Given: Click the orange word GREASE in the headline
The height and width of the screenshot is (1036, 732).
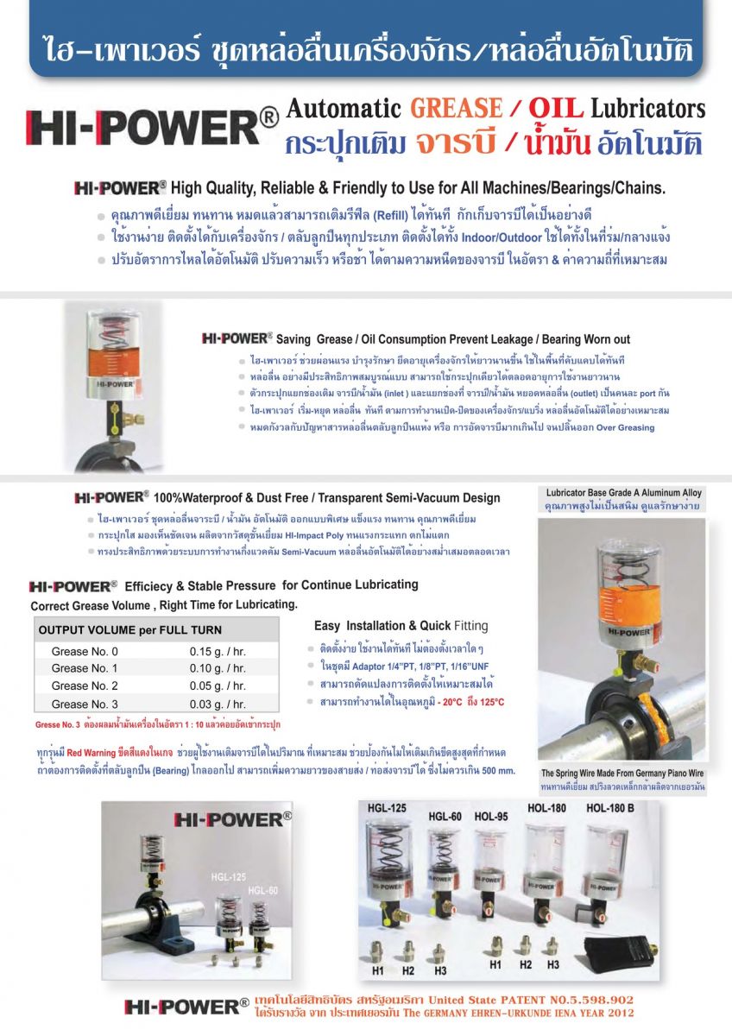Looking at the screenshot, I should coord(455,109).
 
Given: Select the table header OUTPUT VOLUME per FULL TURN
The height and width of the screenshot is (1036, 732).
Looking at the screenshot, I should coord(130,630).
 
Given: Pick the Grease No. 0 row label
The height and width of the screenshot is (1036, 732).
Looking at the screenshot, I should coord(85,651).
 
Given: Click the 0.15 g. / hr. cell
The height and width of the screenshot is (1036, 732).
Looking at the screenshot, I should coord(218,651).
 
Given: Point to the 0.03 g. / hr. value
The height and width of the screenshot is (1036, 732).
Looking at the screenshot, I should coord(218,704).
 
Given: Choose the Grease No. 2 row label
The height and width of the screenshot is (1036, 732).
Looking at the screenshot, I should coord(85,685).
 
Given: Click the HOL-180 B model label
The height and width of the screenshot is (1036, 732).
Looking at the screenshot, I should coord(610,808).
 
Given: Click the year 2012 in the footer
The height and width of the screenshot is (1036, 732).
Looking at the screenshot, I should coord(616,1013).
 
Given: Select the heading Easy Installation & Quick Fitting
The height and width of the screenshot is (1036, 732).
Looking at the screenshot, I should coord(401,626).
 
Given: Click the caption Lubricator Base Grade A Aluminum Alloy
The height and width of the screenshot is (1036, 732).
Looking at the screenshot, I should coord(624,493).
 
